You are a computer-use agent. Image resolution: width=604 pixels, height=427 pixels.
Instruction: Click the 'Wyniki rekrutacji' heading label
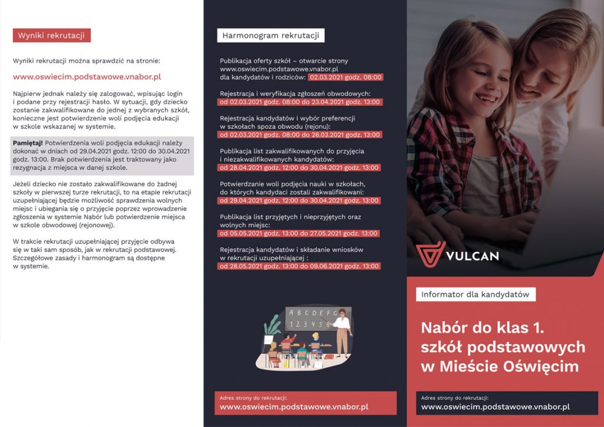tap(51, 35)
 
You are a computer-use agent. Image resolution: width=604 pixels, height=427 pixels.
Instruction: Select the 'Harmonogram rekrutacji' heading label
tap(271, 35)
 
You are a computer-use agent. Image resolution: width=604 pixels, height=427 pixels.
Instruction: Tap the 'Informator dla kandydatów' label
tap(475, 294)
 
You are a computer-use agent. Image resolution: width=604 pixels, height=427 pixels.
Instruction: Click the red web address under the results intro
tap(87, 77)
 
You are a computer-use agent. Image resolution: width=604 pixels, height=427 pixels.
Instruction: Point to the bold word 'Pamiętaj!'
tap(27, 143)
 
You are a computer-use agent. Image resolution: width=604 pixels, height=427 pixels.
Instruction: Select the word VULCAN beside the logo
tap(472, 256)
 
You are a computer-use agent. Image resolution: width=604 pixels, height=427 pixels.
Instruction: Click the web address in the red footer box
tap(294, 407)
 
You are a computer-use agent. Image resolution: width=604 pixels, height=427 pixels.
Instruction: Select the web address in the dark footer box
tap(495, 407)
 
